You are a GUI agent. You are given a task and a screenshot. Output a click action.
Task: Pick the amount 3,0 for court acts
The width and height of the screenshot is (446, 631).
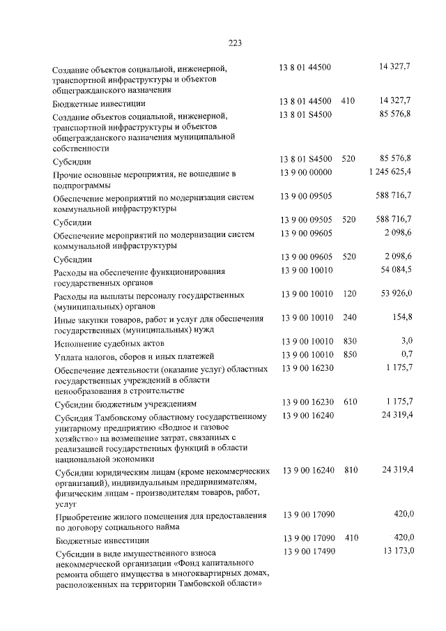click(x=406, y=342)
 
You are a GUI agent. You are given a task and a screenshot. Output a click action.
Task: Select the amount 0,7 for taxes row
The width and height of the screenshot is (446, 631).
click(x=406, y=355)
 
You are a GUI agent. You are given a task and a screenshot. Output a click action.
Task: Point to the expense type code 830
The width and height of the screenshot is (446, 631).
click(x=349, y=342)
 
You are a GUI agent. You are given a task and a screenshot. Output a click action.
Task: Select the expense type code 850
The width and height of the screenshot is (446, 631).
click(x=349, y=355)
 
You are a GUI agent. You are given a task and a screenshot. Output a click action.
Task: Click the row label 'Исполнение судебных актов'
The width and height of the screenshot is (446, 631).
click(x=109, y=344)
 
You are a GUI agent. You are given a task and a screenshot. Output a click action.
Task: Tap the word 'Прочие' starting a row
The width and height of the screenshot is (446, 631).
click(x=69, y=173)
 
